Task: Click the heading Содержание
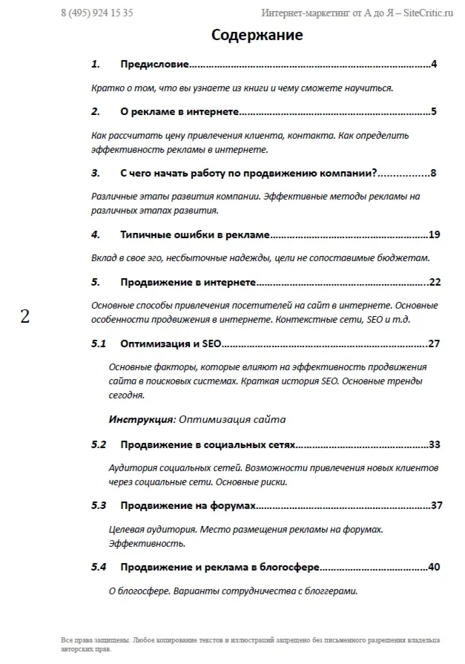257,35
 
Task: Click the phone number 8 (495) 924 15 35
97,13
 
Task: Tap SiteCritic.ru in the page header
428,13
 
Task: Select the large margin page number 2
25,317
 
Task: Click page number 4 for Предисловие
434,65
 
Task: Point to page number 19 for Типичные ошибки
435,235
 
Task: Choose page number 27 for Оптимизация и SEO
435,343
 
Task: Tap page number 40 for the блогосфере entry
435,568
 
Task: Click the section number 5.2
99,445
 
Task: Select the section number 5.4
99,568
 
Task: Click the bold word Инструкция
141,419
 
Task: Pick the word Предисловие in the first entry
154,65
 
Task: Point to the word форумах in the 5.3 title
233,506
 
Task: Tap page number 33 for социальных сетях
435,445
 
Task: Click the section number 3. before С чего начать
96,174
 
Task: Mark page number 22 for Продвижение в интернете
435,283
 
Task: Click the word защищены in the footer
113,640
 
